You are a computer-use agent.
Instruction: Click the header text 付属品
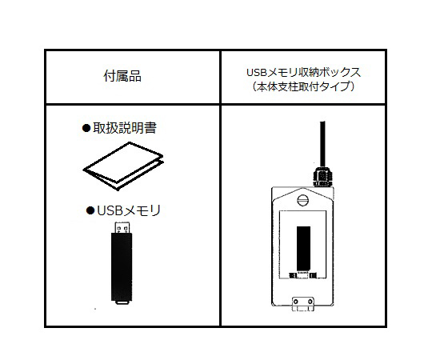pos(122,77)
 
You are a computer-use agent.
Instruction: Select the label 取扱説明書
pos(128,128)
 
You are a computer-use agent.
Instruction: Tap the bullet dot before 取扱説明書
pos(87,128)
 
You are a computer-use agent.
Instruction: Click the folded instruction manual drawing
pos(122,166)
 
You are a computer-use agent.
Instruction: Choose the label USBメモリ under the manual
pos(129,211)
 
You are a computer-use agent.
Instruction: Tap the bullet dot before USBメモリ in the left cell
pos(90,211)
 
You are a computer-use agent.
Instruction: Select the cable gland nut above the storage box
pos(320,172)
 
